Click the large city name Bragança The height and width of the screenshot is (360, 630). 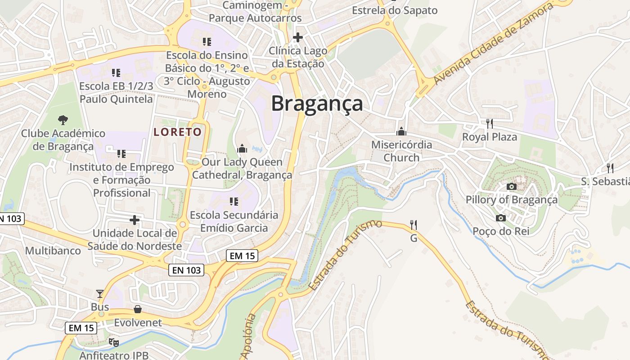(317, 103)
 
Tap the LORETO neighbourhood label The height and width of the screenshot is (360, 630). (177, 132)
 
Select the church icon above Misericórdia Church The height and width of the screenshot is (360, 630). (401, 131)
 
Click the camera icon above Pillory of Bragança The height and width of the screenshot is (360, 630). (511, 186)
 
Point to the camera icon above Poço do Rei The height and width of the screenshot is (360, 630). (500, 218)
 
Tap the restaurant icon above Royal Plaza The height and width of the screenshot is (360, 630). (490, 123)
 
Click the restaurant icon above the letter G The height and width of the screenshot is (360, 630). (414, 225)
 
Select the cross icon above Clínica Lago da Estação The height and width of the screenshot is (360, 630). (297, 37)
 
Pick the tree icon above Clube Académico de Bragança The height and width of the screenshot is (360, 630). (63, 120)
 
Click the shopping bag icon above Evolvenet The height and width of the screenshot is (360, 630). (138, 309)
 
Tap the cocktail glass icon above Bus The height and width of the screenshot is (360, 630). (100, 294)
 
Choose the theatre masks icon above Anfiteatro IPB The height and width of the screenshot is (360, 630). (113, 342)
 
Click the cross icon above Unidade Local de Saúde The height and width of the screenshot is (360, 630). (134, 220)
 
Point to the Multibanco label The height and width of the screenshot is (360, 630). (53, 251)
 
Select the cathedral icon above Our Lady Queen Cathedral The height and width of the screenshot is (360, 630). (242, 148)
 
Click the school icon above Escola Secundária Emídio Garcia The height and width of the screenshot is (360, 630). (234, 201)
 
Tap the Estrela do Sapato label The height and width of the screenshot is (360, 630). (395, 10)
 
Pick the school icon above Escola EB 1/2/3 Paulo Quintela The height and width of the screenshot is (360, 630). (116, 72)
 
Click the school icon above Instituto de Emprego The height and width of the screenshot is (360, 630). (121, 154)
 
